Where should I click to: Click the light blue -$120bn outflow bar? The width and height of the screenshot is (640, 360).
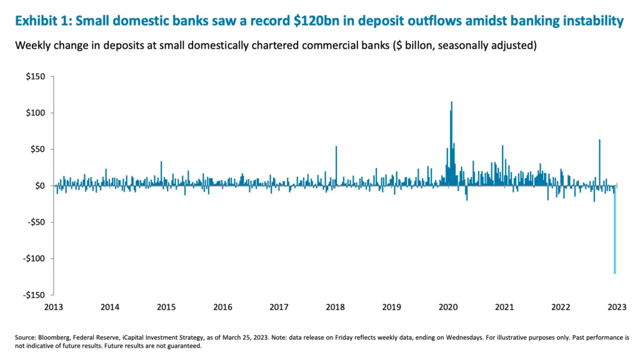(615, 237)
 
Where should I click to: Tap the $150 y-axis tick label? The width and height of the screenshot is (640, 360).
(36, 77)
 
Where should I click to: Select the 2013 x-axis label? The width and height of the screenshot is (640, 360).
(54, 307)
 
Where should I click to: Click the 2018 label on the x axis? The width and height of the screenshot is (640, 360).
(336, 307)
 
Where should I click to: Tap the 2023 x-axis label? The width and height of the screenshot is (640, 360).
(617, 307)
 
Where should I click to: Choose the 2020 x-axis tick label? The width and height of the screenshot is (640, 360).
(449, 307)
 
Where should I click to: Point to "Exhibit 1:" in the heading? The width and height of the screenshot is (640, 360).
(42, 21)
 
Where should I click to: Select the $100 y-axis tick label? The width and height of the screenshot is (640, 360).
(36, 113)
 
